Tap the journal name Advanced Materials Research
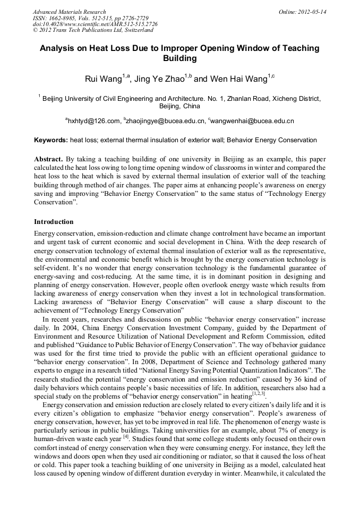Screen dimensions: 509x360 69,12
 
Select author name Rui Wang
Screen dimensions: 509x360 104,79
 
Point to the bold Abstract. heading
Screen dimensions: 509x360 49,159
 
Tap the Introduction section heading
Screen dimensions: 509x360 54,221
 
